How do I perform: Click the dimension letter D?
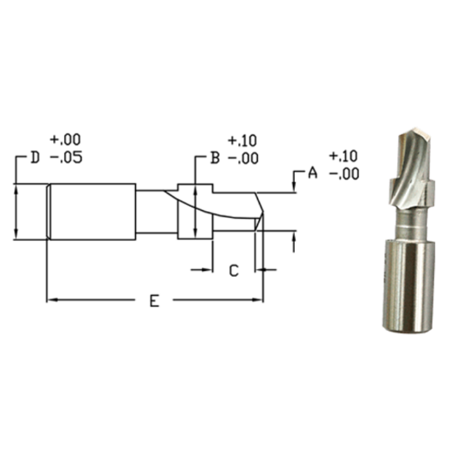[34, 158]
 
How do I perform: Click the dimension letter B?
[216, 158]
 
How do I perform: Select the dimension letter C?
[233, 270]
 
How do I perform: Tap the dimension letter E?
[154, 301]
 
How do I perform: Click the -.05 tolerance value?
[66, 158]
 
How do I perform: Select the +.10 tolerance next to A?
[343, 156]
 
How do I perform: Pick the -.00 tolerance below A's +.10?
[343, 174]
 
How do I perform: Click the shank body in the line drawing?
[90, 211]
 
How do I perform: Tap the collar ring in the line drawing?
[195, 211]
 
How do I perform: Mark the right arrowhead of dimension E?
[259, 300]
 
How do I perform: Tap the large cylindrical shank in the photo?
[408, 286]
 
